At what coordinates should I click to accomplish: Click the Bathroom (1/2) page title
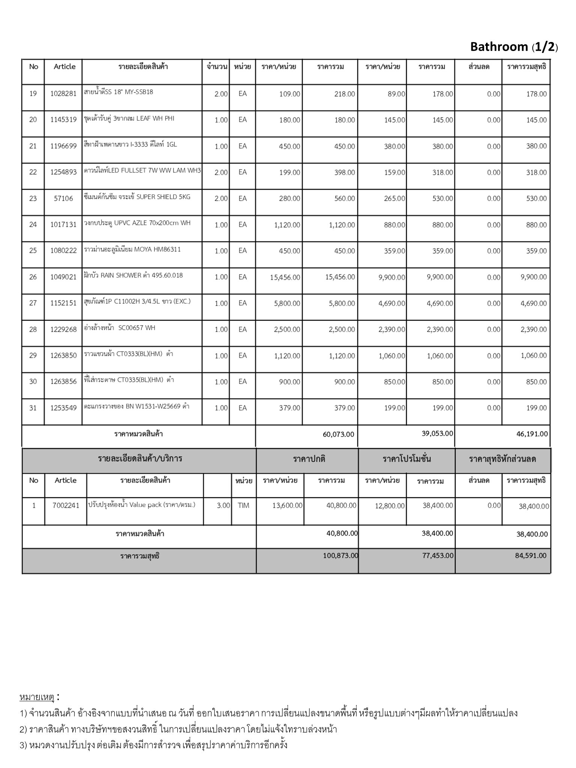coord(514,47)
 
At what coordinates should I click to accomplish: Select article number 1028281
coord(63,94)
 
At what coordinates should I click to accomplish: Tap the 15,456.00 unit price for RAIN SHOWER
coord(285,277)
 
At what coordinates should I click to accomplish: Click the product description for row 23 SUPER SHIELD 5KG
coord(137,197)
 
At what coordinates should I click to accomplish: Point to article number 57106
coord(63,198)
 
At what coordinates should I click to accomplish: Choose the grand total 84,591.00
coord(531,555)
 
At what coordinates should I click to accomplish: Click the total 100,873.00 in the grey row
coord(340,555)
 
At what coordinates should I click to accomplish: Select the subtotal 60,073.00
coord(338,434)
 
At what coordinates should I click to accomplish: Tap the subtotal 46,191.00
coord(532,434)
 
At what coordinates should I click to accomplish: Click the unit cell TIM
coord(243,505)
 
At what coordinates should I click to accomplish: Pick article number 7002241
coord(66,505)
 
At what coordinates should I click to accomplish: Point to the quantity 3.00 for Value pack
coord(223,505)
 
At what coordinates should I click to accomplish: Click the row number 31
coord(33,408)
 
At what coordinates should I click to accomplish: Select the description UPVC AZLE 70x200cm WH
coord(137,223)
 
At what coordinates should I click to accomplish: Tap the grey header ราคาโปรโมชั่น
coord(406,459)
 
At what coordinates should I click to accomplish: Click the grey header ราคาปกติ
coord(309,459)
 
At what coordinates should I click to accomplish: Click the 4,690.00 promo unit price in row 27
coord(391,303)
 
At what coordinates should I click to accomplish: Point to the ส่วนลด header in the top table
coord(478,67)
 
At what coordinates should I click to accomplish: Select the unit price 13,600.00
coord(287,505)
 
